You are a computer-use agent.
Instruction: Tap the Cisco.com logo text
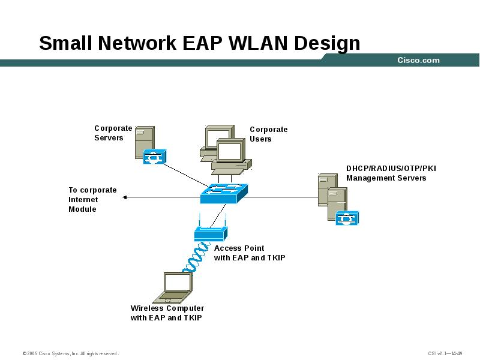click(x=418, y=60)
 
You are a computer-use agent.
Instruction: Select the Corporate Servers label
click(x=113, y=133)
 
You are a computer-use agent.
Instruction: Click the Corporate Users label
click(x=269, y=134)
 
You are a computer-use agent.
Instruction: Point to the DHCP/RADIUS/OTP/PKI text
click(x=391, y=169)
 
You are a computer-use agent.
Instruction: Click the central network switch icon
click(x=224, y=192)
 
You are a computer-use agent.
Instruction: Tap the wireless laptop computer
click(x=172, y=288)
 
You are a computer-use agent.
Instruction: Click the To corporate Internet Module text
click(x=92, y=200)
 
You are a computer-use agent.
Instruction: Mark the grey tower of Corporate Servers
click(x=144, y=141)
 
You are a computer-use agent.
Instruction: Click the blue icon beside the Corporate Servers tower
click(x=155, y=157)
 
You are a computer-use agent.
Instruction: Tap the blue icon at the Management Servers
click(x=347, y=218)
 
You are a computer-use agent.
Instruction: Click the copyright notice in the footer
click(x=71, y=353)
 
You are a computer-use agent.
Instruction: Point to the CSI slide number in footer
click(x=445, y=353)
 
